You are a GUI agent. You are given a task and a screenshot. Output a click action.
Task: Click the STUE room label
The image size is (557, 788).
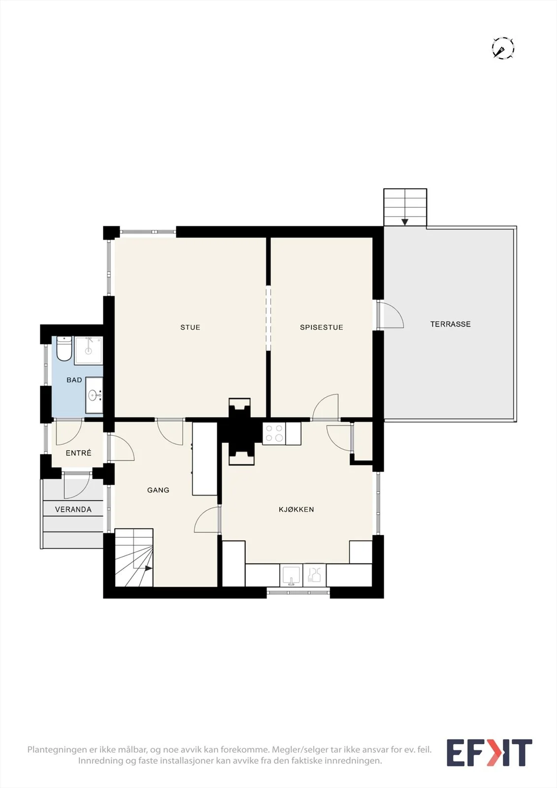click(x=190, y=327)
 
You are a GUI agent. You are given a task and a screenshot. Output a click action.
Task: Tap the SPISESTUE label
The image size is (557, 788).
click(x=321, y=327)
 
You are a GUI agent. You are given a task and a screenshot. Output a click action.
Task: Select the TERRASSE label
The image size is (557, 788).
click(x=451, y=324)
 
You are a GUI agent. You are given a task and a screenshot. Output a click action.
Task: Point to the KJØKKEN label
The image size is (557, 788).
click(x=296, y=509)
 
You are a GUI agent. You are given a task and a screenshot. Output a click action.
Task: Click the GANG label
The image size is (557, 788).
click(x=158, y=490)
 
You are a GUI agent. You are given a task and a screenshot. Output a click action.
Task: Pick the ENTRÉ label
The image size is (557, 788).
click(x=78, y=453)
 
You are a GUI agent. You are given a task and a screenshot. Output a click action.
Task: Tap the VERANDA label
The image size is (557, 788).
click(x=73, y=509)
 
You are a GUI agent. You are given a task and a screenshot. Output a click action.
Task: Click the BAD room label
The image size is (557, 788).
click(x=74, y=380)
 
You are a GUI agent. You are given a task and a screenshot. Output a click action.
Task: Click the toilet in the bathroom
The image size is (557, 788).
click(x=64, y=348)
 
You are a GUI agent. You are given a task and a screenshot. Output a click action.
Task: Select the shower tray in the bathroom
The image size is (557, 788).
click(x=89, y=350)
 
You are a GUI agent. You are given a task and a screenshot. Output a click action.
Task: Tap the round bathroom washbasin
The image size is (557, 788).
click(x=93, y=395)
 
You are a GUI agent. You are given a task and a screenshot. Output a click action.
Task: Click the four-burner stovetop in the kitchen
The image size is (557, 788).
click(x=274, y=433)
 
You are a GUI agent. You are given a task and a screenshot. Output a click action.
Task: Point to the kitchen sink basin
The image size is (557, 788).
click(x=291, y=575)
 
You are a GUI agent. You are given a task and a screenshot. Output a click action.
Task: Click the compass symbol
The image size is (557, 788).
click(x=503, y=47)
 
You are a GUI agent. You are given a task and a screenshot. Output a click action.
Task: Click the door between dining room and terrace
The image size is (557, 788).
click(x=390, y=315)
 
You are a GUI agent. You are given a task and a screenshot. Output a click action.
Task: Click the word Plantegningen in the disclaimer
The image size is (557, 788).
click(x=57, y=749)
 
